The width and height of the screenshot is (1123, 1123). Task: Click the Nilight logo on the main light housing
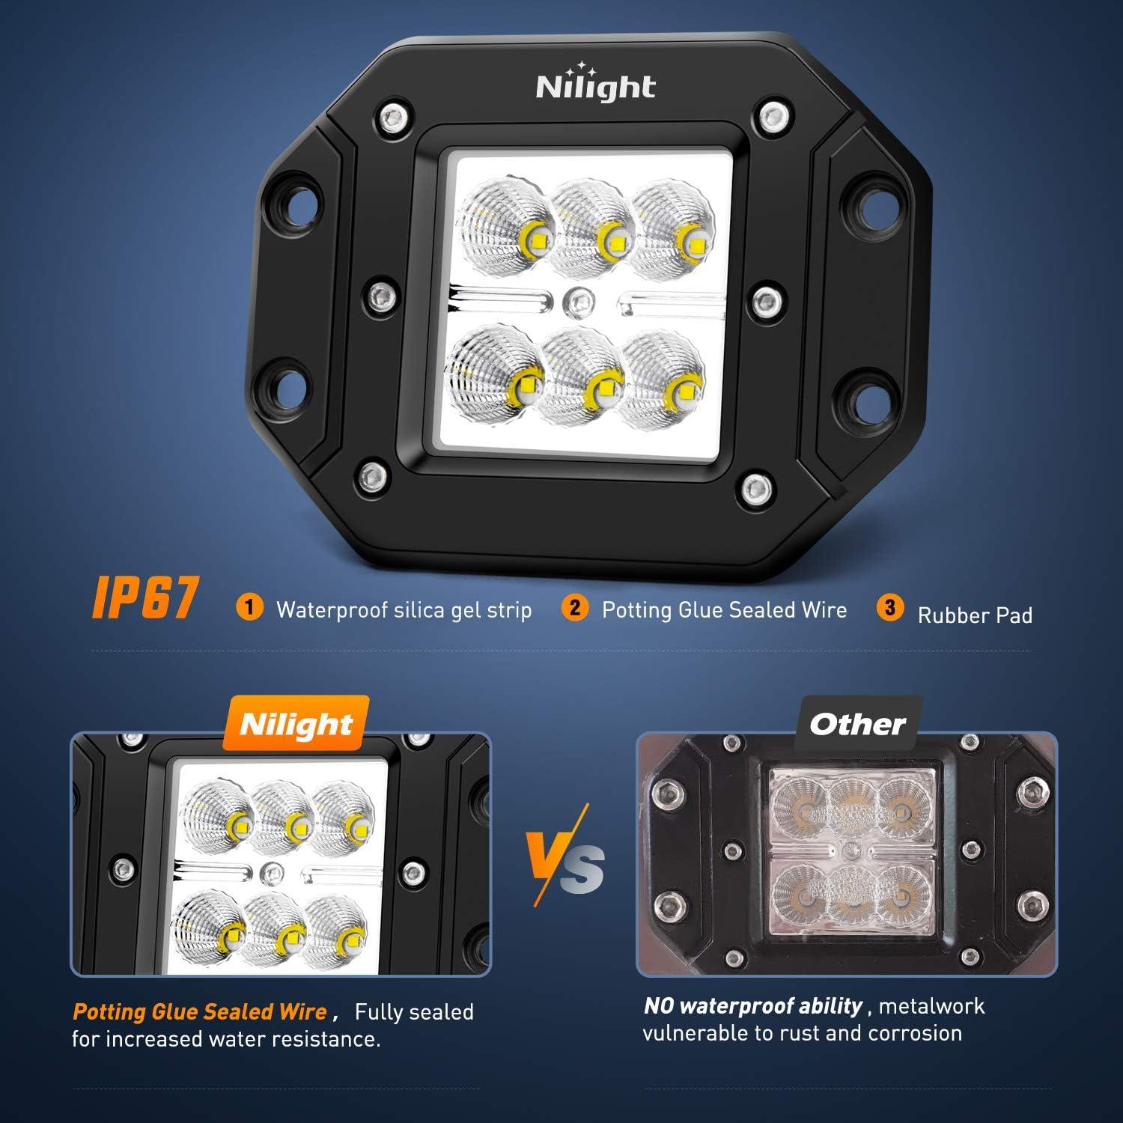coord(596,85)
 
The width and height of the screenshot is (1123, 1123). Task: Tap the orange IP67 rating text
coord(145,597)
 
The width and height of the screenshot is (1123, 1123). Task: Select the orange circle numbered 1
coord(249,606)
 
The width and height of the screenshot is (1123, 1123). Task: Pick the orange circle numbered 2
coord(574,607)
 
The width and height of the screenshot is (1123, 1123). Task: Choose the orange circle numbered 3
coord(889,607)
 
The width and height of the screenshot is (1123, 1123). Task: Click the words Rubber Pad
coord(975,615)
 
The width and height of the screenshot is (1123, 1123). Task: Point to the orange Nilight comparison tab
coord(296,724)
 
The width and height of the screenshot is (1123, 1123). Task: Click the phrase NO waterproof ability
coord(753,1005)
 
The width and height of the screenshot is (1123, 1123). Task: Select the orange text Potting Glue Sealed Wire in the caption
coord(200,1011)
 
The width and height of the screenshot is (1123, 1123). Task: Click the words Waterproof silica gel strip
coord(404,609)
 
